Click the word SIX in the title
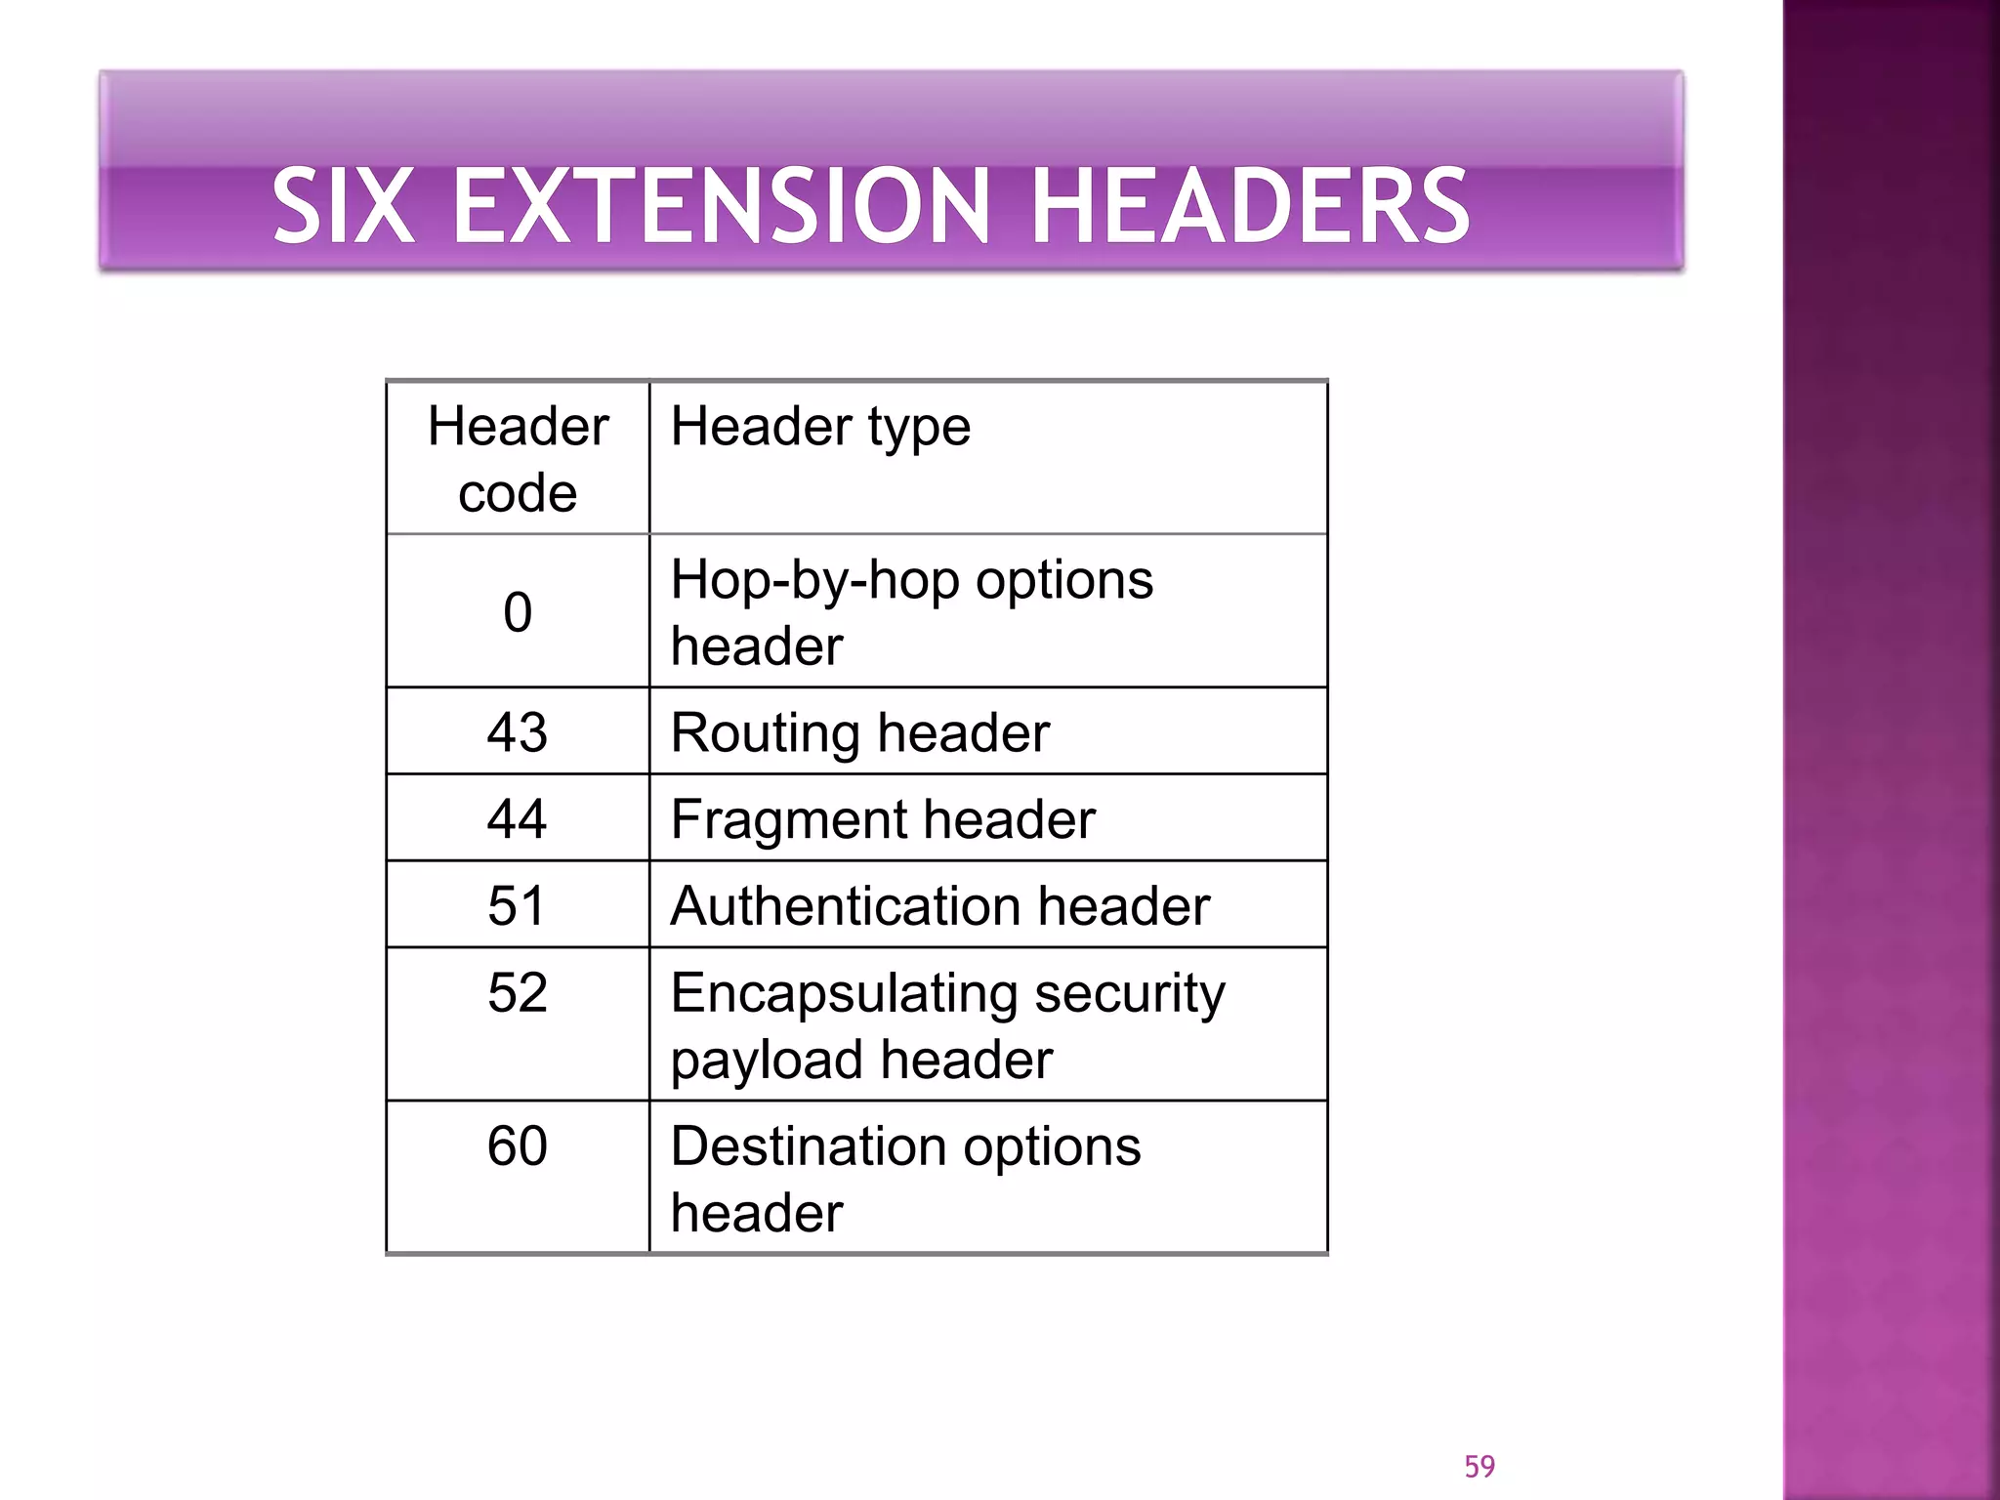[x=342, y=206]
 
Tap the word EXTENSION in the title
[x=722, y=206]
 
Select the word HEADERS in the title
[x=1250, y=206]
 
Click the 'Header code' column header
[x=518, y=459]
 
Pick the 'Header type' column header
[x=820, y=427]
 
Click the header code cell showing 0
[x=518, y=612]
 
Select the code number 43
[x=518, y=731]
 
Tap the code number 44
[x=518, y=818]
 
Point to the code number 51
[x=518, y=905]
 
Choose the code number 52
[x=518, y=992]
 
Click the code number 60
[x=518, y=1146]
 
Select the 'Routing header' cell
[x=859, y=732]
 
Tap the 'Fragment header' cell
[x=883, y=819]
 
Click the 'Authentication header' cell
[x=939, y=906]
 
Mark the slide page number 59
[x=1479, y=1466]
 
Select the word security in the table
[x=1129, y=994]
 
